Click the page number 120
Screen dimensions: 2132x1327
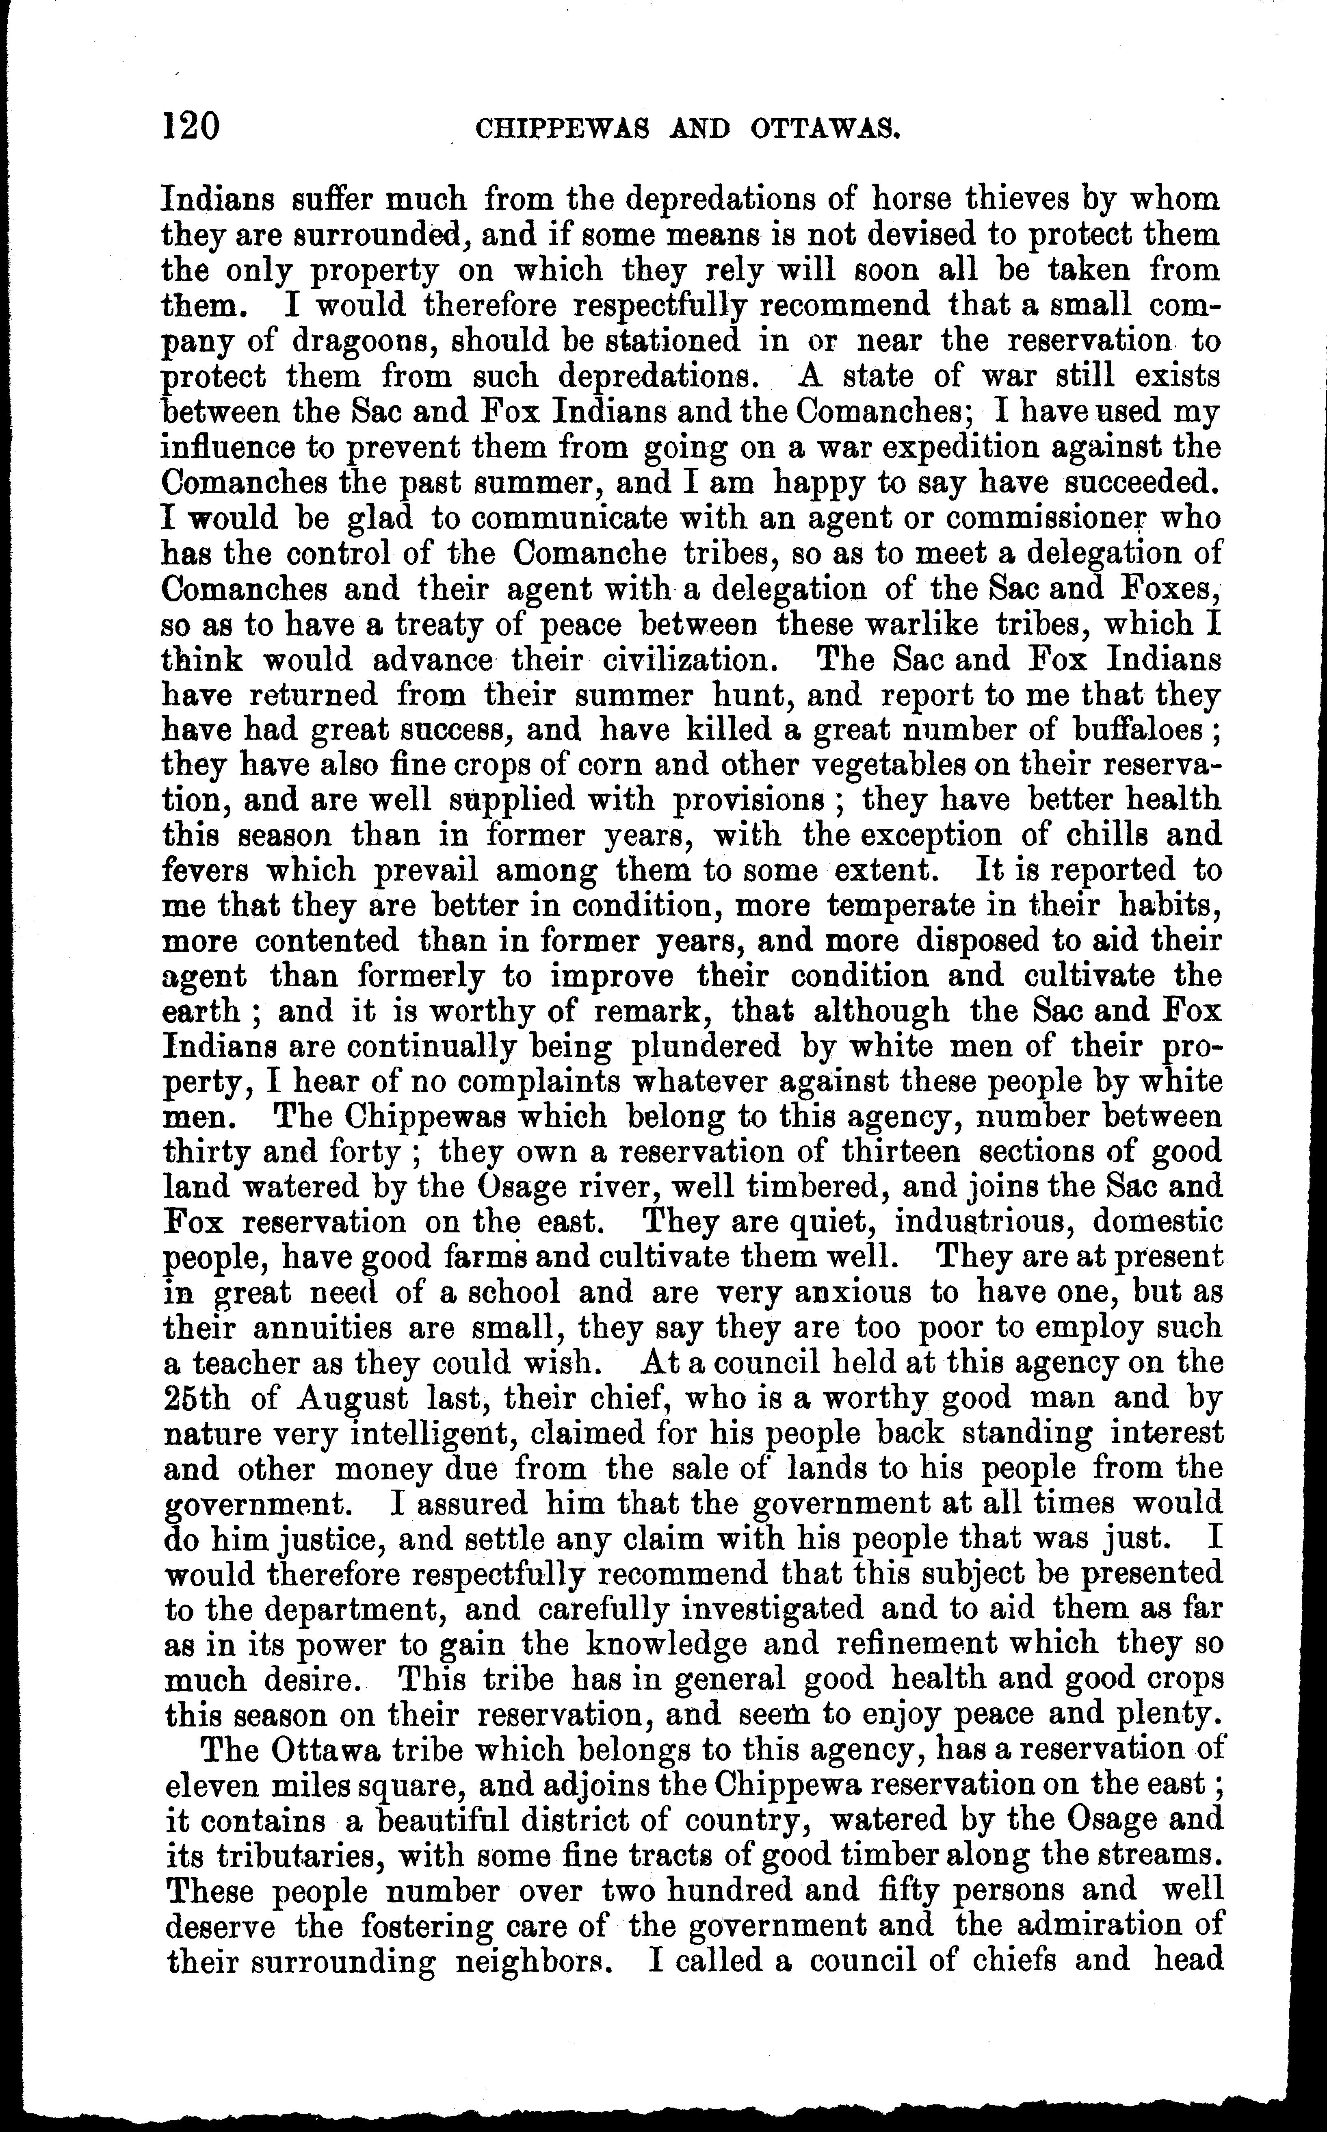point(190,126)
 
